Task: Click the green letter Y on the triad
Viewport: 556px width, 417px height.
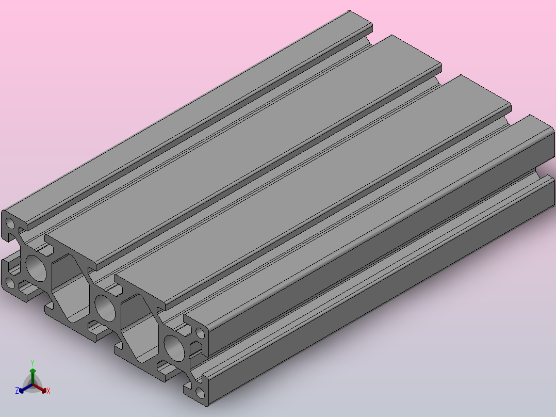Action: pyautogui.click(x=32, y=363)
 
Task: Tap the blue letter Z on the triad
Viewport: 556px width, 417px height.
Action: pyautogui.click(x=17, y=391)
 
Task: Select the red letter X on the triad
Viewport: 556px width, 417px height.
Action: pyautogui.click(x=48, y=391)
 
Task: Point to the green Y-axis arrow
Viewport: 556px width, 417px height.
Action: pyautogui.click(x=32, y=376)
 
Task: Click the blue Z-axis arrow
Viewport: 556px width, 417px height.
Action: pyautogui.click(x=26, y=388)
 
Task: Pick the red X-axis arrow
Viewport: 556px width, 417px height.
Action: pyautogui.click(x=39, y=388)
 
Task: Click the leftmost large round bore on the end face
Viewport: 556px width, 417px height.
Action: pyautogui.click(x=36, y=268)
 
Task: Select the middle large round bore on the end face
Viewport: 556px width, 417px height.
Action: pyautogui.click(x=106, y=308)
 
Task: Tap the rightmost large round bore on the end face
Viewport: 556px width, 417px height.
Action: pyautogui.click(x=174, y=348)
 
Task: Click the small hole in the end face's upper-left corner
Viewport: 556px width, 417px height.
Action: pyautogui.click(x=10, y=223)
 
